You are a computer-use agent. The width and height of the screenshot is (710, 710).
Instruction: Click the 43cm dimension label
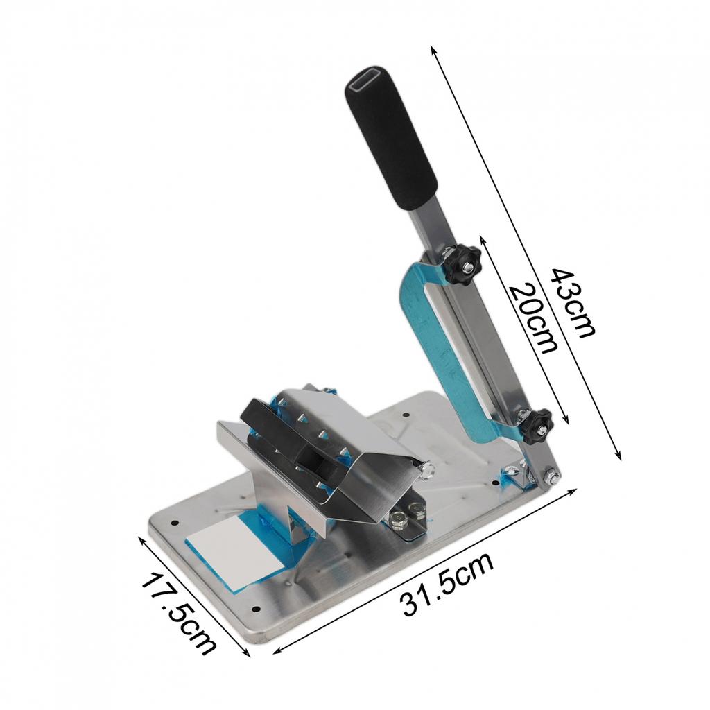tap(571, 302)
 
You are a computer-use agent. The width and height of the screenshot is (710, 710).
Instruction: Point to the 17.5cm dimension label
tap(180, 613)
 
